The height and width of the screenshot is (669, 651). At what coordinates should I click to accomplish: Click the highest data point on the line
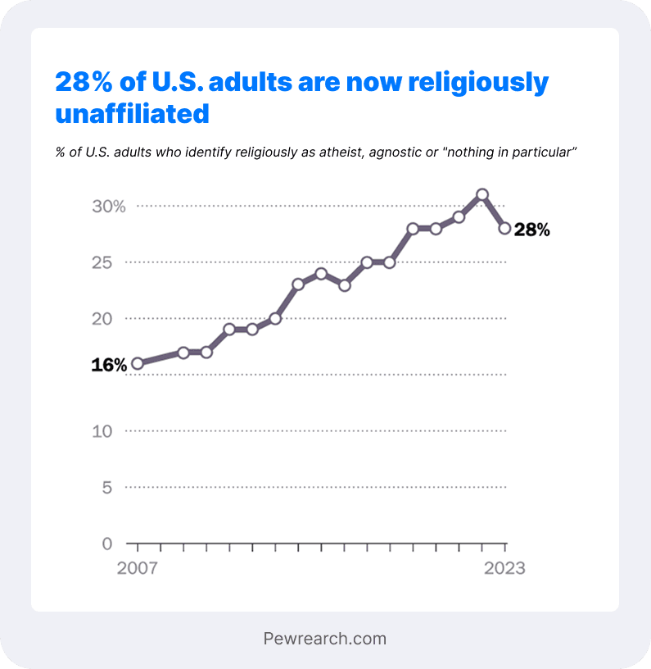[482, 195]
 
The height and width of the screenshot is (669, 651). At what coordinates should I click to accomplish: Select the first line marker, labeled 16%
[138, 363]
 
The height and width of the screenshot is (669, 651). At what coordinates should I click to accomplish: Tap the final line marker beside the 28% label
[505, 229]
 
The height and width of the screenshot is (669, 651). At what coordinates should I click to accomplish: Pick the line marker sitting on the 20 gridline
[275, 318]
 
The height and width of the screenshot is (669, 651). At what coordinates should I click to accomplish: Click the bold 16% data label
[109, 366]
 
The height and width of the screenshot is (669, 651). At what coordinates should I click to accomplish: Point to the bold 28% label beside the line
[532, 230]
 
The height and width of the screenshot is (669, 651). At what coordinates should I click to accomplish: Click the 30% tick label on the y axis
[109, 207]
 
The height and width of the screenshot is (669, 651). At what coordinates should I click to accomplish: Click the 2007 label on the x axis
[138, 568]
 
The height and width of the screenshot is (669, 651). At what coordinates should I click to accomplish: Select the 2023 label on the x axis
[504, 568]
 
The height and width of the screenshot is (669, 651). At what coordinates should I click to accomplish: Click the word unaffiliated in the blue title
[132, 114]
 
